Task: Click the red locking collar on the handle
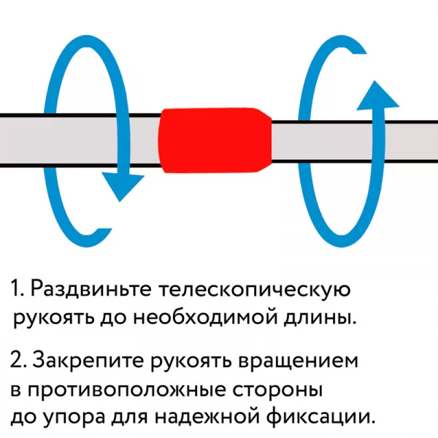(215, 140)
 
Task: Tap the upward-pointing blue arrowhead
(377, 95)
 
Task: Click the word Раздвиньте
(91, 288)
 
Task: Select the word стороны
(277, 391)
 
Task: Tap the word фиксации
(320, 418)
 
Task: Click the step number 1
(17, 288)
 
